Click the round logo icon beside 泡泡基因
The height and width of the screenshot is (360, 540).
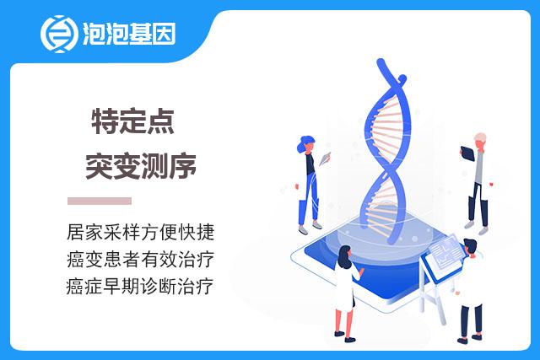58,34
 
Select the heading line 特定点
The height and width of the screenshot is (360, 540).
133,121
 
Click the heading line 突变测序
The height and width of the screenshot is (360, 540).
141,166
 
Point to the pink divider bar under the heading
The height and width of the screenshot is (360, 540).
100,201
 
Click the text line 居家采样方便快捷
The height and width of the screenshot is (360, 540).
141,232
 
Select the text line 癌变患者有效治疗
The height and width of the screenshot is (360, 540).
141,259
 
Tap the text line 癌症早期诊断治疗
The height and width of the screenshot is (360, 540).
140,287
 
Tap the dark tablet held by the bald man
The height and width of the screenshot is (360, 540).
467,153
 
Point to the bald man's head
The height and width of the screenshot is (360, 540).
480,140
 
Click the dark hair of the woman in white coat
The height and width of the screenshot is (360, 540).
344,255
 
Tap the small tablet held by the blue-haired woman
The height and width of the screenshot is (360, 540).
325,159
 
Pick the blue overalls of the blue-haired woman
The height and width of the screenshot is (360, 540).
309,197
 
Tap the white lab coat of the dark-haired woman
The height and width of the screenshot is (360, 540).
345,287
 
